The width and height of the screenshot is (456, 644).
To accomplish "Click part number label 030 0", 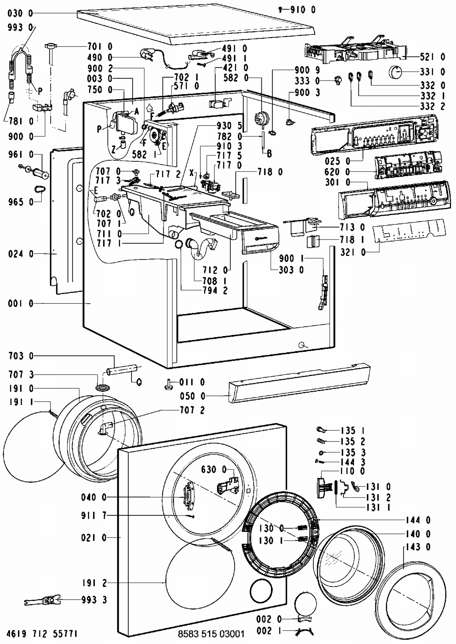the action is tap(20, 13).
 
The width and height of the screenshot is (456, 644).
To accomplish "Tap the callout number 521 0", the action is tap(433, 57).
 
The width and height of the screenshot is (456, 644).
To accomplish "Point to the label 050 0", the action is tap(192, 396).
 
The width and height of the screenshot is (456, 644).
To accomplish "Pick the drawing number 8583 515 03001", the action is tap(211, 634).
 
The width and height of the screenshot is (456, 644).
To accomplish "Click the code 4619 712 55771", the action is tap(42, 634).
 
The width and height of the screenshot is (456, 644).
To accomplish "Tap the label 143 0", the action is tap(418, 547).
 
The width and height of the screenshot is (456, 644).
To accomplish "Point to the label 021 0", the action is tap(94, 538).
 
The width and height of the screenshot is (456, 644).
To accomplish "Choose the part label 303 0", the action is tap(291, 270).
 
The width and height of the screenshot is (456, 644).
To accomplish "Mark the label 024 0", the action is tap(21, 254).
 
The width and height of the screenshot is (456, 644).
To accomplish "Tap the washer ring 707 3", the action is tap(103, 388).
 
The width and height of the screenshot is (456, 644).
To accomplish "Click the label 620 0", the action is tap(337, 172).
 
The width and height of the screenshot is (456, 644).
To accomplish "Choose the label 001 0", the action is tap(21, 304).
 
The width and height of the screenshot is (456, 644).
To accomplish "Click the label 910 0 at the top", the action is tap(303, 10).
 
